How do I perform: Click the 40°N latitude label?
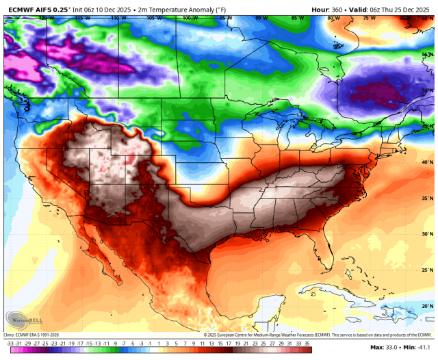(427, 162)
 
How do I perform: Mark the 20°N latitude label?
(427, 306)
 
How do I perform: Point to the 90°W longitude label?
(261, 18)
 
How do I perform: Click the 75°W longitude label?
(369, 18)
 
